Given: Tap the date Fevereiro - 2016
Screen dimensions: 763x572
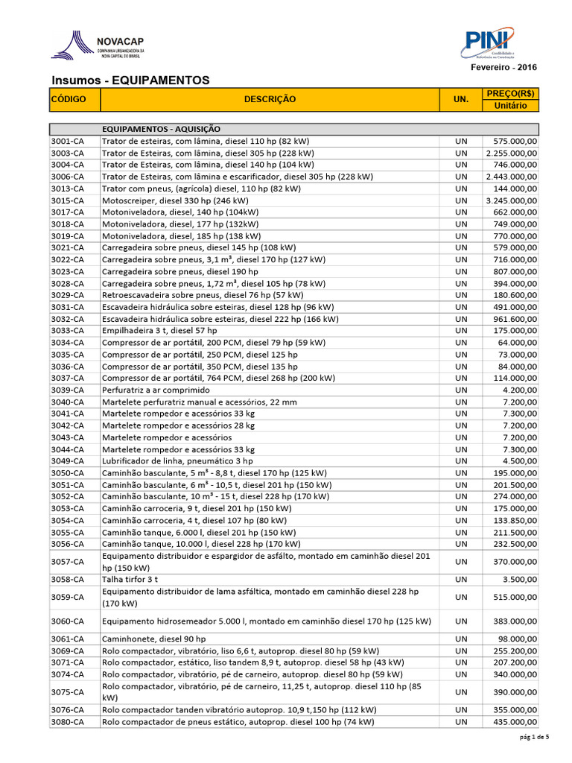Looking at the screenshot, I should [x=503, y=68].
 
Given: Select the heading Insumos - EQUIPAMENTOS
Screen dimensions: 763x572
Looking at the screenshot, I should [x=130, y=80].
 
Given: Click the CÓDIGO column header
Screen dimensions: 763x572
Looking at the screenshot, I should [x=69, y=99].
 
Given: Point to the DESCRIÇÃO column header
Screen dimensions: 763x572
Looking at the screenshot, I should [x=269, y=99].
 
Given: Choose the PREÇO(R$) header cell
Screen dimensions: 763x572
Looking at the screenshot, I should [x=510, y=93].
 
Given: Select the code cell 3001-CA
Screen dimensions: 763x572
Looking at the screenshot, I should [x=68, y=141].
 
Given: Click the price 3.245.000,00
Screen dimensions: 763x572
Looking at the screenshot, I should [x=511, y=200].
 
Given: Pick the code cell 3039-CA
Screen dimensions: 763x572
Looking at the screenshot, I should [x=68, y=390].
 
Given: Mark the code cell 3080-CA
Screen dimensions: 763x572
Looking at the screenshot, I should [x=68, y=722].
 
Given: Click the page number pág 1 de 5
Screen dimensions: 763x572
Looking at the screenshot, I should [x=534, y=738].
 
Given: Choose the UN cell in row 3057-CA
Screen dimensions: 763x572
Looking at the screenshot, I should [x=460, y=562].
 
